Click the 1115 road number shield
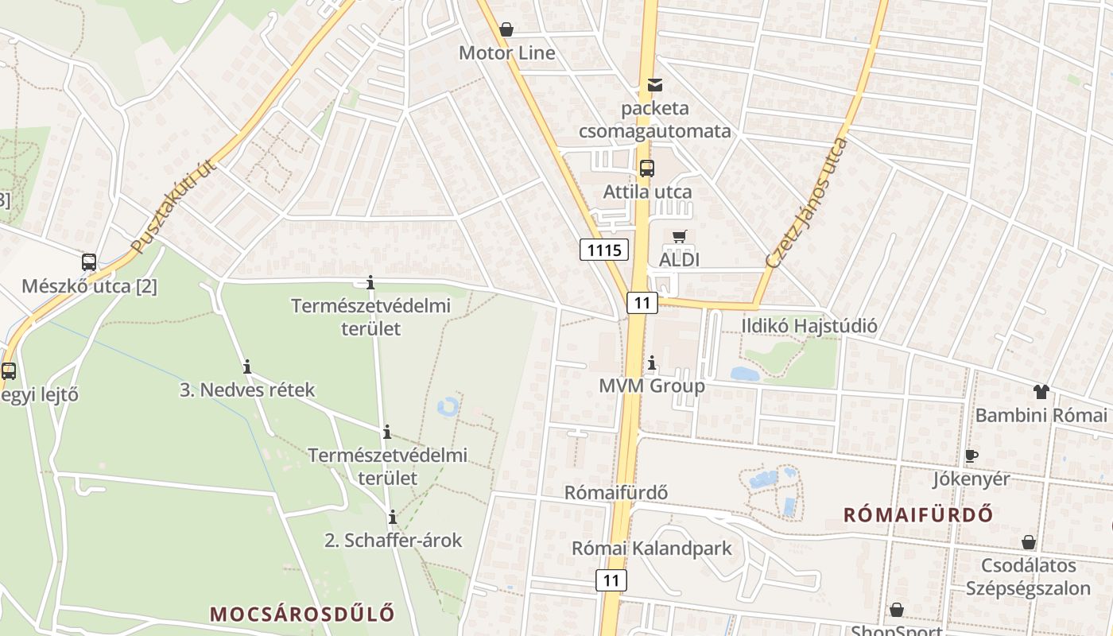pos(604,250)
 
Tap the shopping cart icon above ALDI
pos(679,236)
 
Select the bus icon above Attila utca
pos(647,168)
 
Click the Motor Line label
pos(507,53)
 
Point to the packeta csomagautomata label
pos(655,119)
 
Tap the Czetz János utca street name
pos(807,202)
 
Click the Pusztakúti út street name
pos(174,205)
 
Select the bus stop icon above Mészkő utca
pos(89,262)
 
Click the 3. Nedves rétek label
pos(247,390)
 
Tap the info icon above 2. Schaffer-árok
pos(392,518)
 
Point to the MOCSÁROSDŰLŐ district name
pos(302,614)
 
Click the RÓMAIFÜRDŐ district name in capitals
pos(918,514)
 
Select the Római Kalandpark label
pos(652,549)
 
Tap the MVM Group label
pos(652,386)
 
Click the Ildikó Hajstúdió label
pos(809,326)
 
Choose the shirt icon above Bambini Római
pos(1041,391)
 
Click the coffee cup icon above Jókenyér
pos(971,456)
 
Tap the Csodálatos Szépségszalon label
pos(1028,578)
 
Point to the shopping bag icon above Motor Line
pos(506,30)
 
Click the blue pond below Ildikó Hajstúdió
pos(745,374)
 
